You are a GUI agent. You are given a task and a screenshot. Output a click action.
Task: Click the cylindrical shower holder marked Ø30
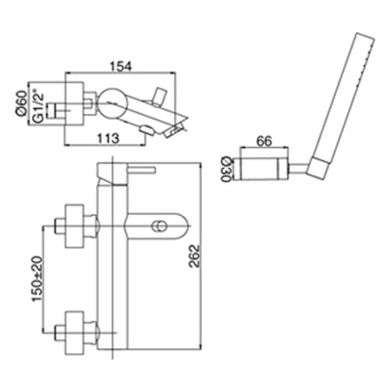coord(263,168)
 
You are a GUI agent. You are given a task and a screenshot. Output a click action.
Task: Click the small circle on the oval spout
coord(158,226)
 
